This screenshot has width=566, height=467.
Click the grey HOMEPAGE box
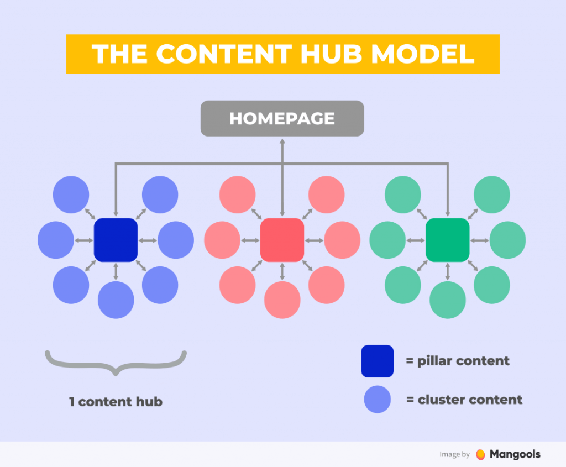coord(282,118)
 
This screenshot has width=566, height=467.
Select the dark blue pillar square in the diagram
coord(116,240)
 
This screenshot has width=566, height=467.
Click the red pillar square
coord(282,240)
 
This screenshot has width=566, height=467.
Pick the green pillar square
coord(448,240)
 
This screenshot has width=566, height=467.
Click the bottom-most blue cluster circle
coord(116,300)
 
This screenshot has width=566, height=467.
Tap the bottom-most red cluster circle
coord(282,300)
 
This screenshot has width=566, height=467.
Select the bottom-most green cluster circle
coord(448,300)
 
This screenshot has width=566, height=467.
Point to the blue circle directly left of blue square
coord(56,240)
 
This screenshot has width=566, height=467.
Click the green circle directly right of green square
coord(507,240)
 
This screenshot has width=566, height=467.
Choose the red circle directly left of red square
coord(222,240)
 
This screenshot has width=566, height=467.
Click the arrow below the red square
coord(282,271)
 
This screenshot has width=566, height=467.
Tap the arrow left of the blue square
coord(84,240)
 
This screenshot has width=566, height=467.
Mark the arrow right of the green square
coord(479,240)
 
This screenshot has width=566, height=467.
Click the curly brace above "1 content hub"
coord(116,363)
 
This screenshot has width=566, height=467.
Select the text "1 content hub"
coord(116,402)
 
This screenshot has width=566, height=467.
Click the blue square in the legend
coord(378,361)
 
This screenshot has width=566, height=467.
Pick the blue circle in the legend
coord(378,400)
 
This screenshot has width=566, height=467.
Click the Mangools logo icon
coord(481,454)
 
